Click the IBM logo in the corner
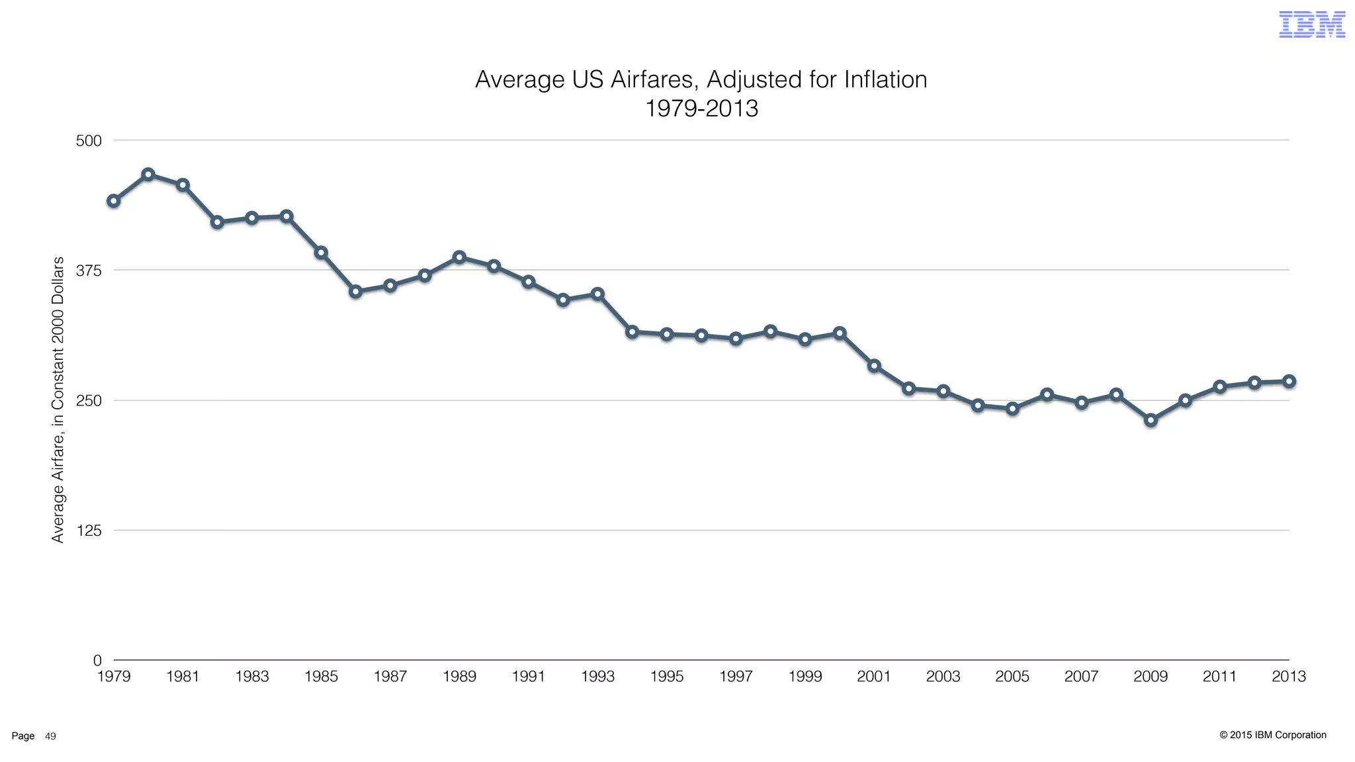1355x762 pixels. point(1312,24)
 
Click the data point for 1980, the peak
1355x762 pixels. point(148,175)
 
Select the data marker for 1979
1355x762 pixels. point(114,201)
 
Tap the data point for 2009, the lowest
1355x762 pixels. point(1151,420)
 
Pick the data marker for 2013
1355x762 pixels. point(1289,382)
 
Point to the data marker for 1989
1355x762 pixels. point(459,257)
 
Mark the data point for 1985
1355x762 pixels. point(321,253)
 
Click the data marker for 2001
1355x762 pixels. point(874,366)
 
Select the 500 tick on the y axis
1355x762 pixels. point(89,141)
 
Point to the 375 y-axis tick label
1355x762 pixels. point(89,271)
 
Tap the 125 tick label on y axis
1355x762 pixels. point(89,530)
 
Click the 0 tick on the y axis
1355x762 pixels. point(97,660)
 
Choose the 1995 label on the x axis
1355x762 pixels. point(666,677)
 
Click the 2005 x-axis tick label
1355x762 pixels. point(1012,677)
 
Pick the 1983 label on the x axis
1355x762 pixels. point(252,677)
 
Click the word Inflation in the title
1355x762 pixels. point(885,80)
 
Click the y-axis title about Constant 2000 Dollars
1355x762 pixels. point(58,400)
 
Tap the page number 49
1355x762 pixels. point(50,736)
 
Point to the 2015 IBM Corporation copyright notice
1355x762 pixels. point(1272,735)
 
